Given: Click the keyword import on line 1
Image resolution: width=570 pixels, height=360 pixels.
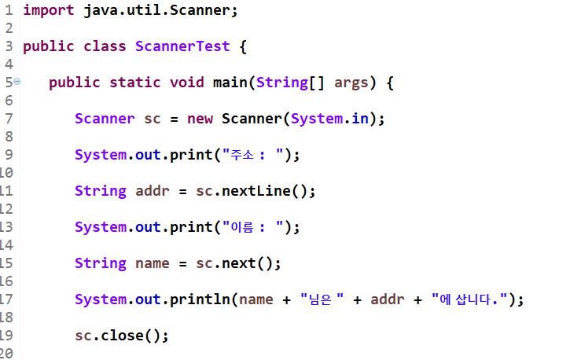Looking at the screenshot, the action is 47,10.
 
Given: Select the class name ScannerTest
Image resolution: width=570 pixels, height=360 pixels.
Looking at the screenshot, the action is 182,46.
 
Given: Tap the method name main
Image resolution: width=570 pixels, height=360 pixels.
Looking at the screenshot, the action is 230,83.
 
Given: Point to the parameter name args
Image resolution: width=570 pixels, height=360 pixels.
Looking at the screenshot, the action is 351,83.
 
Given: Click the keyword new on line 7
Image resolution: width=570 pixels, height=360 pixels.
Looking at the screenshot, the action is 200,119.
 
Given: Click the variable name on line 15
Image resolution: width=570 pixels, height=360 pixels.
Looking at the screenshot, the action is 153,263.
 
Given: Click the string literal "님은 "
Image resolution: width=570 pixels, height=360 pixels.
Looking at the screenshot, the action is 324,299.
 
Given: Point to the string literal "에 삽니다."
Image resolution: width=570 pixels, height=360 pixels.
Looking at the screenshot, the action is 470,299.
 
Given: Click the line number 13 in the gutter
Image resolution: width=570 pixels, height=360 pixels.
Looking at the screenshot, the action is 6,227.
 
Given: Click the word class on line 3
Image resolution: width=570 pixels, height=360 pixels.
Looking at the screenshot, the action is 105,46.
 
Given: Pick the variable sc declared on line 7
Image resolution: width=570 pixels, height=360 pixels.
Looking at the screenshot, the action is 153,119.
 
